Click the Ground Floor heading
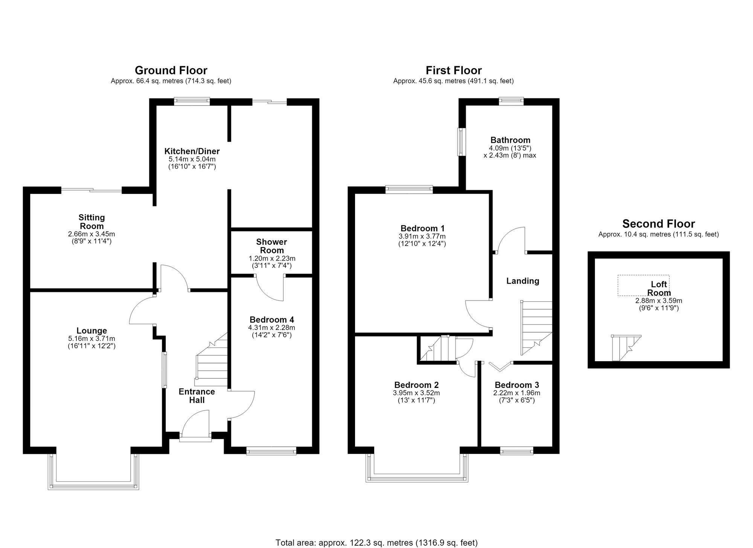[171, 70]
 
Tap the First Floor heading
[454, 70]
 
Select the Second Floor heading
[658, 224]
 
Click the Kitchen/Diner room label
[192, 151]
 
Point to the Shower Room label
[272, 246]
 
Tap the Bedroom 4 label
[272, 320]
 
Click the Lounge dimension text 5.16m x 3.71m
[91, 339]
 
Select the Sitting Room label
[92, 221]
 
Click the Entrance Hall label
[197, 396]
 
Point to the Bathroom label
[510, 140]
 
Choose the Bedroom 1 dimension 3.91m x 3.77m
[422, 236]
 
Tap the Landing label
[523, 281]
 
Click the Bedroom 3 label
[517, 385]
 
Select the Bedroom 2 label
[416, 385]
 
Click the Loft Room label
[659, 289]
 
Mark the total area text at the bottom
[376, 543]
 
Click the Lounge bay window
[93, 486]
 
